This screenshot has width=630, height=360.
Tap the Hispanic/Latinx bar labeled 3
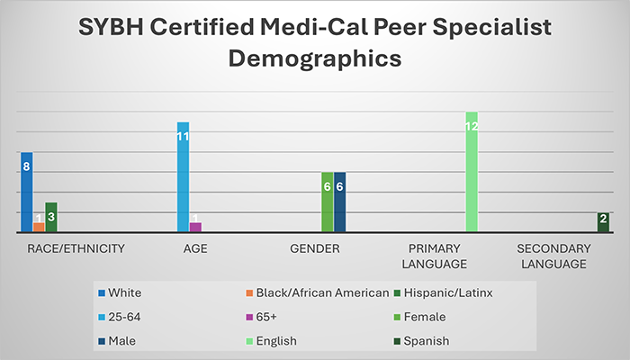coord(51,218)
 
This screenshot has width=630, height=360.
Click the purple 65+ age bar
coord(195,227)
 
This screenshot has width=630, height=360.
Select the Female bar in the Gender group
coord(327,202)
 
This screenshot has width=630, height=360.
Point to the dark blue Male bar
coord(339,202)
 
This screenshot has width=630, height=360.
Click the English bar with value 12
coord(471,173)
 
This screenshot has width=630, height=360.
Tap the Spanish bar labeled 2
coord(602,222)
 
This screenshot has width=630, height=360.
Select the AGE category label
coord(195,247)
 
